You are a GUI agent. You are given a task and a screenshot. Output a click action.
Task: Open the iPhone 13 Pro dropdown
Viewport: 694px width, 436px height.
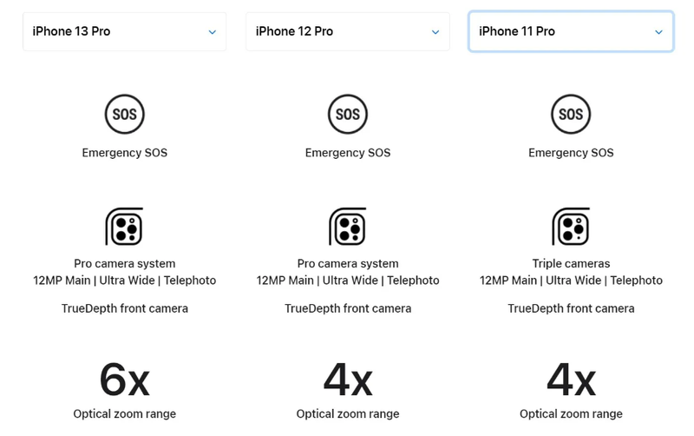124,32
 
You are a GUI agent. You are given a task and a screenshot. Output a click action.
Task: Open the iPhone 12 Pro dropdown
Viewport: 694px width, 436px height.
347,32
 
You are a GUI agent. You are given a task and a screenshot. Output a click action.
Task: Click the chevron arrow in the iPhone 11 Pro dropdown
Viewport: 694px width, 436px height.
658,32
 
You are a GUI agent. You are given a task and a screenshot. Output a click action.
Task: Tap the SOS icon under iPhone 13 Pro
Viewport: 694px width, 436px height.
125,115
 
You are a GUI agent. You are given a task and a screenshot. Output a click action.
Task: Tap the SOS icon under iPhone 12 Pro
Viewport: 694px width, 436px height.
348,115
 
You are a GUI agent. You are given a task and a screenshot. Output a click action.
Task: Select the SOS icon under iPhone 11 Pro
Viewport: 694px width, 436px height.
571,115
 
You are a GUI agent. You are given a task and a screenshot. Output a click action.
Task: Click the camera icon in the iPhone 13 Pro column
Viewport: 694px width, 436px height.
125,228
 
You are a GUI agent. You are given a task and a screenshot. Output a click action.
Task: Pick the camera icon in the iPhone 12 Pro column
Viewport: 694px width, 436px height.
348,228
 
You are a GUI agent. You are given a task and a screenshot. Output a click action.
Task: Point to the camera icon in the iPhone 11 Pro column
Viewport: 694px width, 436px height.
571,228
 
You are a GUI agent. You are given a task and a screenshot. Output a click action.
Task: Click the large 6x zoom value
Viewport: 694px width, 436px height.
125,379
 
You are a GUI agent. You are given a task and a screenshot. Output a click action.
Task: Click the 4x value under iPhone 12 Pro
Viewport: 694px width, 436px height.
348,379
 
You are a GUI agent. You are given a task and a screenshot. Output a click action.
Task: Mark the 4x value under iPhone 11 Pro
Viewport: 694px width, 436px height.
571,379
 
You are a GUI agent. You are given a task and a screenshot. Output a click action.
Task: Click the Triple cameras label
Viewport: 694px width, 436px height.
571,264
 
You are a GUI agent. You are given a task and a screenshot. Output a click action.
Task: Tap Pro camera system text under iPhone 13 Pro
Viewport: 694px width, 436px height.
125,264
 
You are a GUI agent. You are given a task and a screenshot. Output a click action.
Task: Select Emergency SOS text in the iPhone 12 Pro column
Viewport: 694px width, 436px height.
348,153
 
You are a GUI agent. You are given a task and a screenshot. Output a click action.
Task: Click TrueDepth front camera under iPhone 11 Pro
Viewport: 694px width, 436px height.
571,308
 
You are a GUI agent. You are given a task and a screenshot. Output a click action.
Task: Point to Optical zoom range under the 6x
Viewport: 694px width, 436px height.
125,414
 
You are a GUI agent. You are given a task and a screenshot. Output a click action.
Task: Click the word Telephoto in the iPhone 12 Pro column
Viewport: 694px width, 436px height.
413,281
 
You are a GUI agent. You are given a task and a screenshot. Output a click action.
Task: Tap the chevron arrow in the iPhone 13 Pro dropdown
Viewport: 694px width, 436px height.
213,32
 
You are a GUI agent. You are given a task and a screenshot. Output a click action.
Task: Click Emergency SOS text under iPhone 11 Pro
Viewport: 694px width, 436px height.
571,153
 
